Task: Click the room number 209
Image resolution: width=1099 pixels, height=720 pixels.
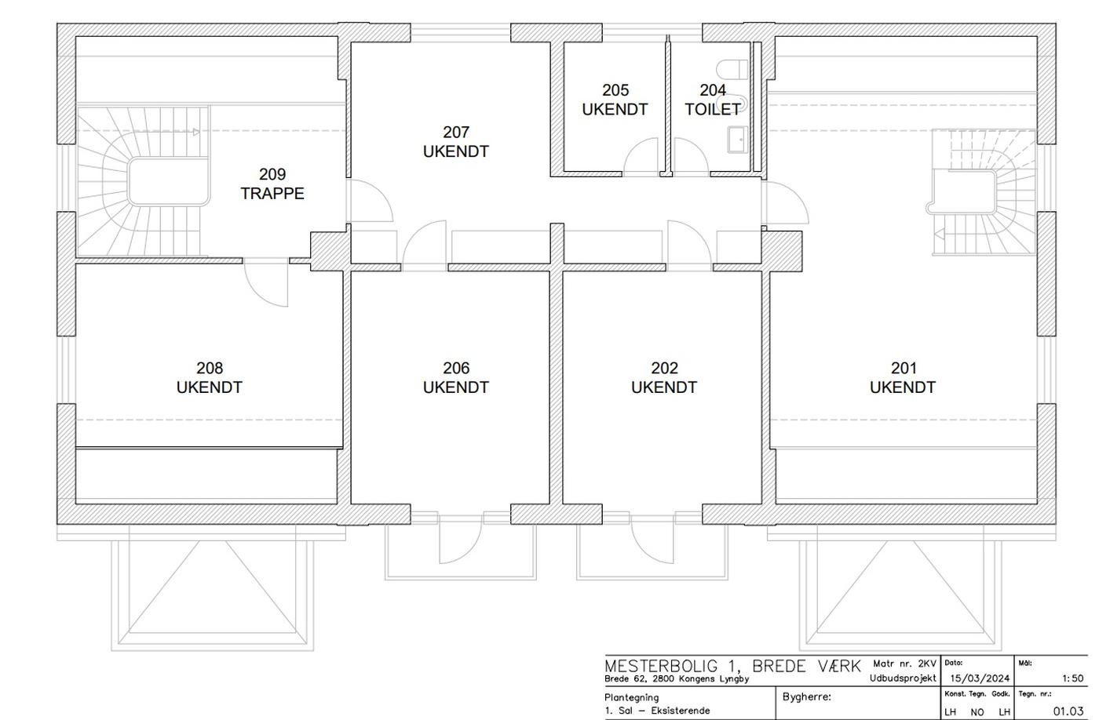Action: coord(272,174)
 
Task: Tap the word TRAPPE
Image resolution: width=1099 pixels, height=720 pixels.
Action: coord(272,194)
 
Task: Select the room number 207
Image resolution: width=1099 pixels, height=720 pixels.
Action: coord(456,132)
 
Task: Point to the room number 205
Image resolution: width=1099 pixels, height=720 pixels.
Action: coord(615,90)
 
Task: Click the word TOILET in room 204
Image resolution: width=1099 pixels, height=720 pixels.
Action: coord(713,109)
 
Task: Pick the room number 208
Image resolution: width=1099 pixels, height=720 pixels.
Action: coord(210,368)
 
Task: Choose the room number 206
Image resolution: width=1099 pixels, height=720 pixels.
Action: coord(456,368)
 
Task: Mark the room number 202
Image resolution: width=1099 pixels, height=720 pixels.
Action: coord(664,368)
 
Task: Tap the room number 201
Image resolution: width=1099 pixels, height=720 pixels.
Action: coord(904,368)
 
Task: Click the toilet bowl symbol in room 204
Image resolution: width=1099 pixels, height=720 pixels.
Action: coord(732,69)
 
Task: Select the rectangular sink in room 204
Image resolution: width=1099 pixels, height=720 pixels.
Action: coord(737,139)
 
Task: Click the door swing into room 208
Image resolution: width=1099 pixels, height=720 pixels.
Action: coord(266,285)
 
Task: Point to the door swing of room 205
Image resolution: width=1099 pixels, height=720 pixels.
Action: coord(641,156)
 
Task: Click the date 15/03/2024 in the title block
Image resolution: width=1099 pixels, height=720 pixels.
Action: coord(980,678)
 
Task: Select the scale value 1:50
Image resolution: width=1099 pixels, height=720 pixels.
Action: coord(1072,678)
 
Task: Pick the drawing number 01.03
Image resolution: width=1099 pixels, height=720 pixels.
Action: coord(1068,711)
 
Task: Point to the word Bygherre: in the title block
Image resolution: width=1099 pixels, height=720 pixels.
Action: coord(807,697)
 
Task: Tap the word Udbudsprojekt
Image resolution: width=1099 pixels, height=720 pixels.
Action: coord(903,679)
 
